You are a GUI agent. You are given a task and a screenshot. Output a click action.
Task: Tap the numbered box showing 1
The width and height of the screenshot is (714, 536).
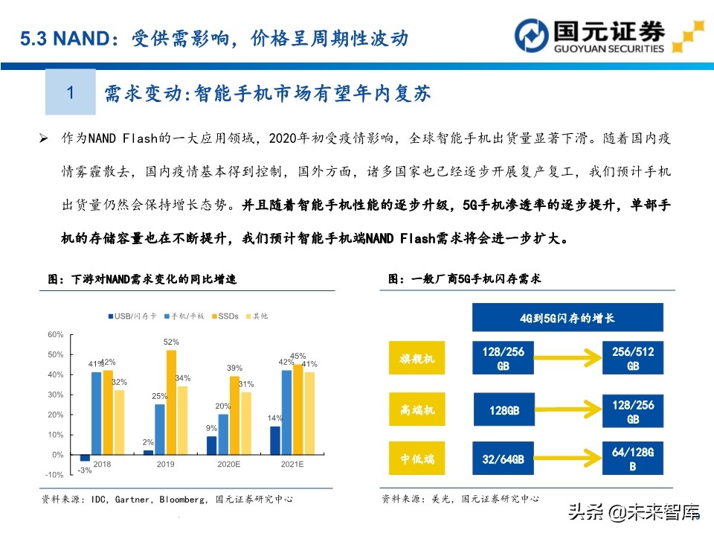[x=71, y=92]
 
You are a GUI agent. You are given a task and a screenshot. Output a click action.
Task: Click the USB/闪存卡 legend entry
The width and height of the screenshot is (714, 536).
[x=132, y=316]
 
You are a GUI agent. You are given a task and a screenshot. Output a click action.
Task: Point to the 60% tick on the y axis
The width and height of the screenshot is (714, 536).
[x=55, y=334]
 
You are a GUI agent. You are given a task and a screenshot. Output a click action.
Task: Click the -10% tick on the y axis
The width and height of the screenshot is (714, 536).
[x=54, y=475]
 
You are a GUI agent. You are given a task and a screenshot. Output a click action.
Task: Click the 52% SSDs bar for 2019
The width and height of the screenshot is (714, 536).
[x=171, y=402]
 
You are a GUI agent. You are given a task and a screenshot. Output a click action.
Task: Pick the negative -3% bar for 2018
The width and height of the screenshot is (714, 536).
[x=85, y=458]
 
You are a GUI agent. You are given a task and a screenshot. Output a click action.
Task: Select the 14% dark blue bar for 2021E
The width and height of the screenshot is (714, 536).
[x=276, y=441]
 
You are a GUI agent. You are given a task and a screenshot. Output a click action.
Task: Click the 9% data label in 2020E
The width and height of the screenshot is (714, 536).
[x=212, y=428]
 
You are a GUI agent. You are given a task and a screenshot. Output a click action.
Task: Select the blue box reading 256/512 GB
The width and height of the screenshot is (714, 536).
[x=633, y=360]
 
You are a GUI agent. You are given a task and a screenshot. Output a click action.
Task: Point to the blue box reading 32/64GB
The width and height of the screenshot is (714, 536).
[x=504, y=459]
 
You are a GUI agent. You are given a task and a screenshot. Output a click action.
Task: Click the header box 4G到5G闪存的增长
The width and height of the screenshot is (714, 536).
[x=567, y=318]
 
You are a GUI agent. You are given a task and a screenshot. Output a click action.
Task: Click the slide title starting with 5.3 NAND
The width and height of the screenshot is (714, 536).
[x=214, y=38]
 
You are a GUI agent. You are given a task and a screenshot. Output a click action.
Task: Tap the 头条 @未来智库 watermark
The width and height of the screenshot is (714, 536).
[x=634, y=512]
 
